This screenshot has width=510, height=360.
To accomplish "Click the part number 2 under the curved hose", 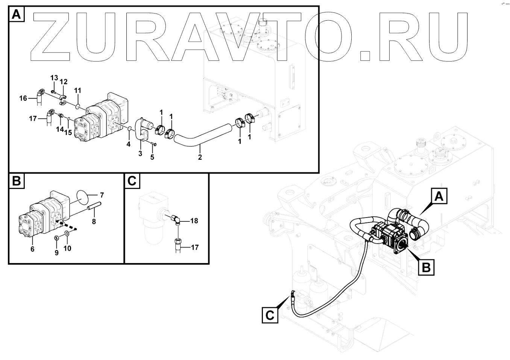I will click(200, 157).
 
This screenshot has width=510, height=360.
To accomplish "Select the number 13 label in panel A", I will click(54, 78).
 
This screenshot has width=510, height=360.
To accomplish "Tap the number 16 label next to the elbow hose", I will click(23, 98).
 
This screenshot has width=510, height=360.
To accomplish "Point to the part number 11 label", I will click(77, 91).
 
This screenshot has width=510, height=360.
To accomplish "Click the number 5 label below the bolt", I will click(152, 157).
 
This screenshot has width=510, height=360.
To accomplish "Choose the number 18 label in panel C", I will click(194, 221).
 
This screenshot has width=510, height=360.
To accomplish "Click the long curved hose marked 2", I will click(203, 135).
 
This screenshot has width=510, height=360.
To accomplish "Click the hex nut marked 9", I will click(56, 237).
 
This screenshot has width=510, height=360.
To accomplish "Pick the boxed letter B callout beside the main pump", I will click(426, 268).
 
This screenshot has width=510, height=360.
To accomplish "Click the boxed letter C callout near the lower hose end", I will click(270, 315).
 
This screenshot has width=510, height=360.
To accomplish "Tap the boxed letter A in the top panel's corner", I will click(16, 15).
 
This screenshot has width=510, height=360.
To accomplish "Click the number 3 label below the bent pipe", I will click(140, 153).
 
